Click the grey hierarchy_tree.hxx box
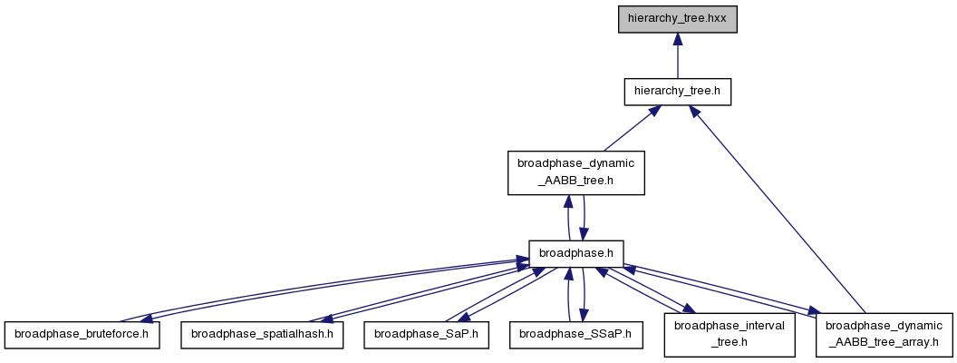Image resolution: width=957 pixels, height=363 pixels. (x=678, y=20)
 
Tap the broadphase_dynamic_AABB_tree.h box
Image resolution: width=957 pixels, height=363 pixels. (x=576, y=173)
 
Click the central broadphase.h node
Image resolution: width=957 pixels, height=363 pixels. (x=575, y=253)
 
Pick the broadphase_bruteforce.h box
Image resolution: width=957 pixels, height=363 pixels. (x=82, y=335)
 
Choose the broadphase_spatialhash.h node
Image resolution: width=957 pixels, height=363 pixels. (x=262, y=335)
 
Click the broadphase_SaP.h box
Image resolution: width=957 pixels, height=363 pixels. (x=426, y=335)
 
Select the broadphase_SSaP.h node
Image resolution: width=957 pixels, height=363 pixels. (x=576, y=335)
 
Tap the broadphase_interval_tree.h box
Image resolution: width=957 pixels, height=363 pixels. (x=730, y=334)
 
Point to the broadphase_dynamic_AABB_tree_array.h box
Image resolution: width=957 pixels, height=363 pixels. (x=884, y=334)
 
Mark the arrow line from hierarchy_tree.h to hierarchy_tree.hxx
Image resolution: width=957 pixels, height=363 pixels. (x=678, y=55)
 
